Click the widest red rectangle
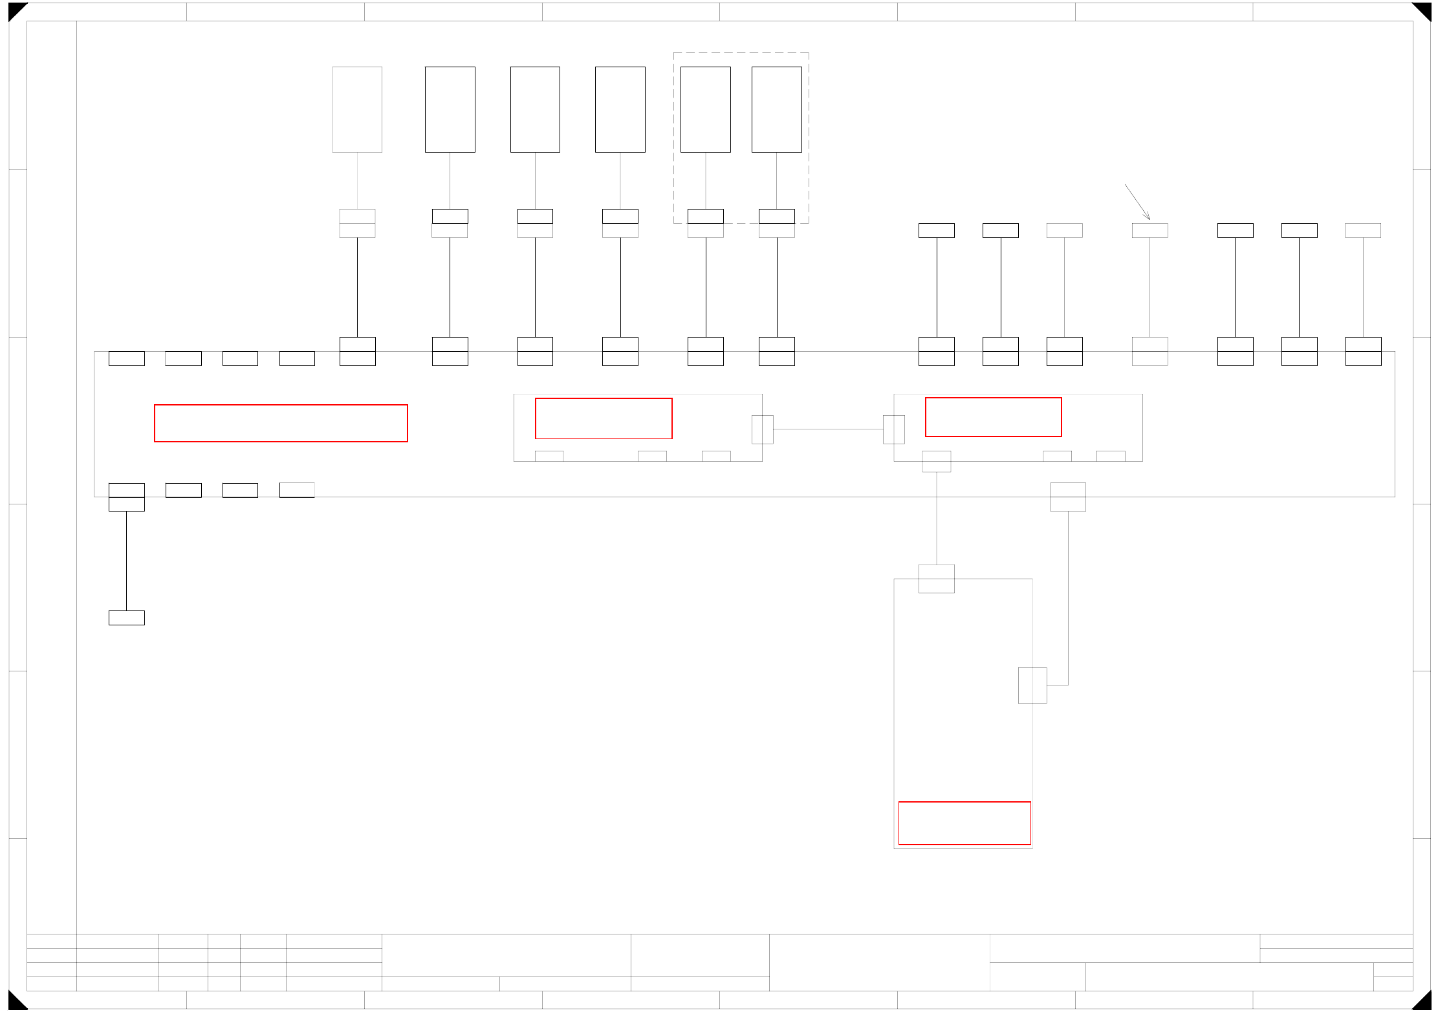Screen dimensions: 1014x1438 281,423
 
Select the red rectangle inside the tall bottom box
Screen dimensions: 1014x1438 964,823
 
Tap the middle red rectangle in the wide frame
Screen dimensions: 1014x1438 604,418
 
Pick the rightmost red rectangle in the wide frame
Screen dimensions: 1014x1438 993,417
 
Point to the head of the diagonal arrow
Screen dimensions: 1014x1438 1149,219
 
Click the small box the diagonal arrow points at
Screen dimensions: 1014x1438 1149,230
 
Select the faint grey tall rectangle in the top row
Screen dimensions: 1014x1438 357,109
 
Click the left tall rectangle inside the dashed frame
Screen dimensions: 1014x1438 705,109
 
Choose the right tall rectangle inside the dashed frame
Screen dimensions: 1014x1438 776,109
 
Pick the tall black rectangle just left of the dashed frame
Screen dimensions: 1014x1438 620,109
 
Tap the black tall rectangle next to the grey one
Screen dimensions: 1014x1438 450,109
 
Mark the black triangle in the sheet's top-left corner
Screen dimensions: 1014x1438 15,10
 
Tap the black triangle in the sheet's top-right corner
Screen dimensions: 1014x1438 1424,10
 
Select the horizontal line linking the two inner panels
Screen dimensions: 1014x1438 828,429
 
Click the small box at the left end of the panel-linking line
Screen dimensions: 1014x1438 762,429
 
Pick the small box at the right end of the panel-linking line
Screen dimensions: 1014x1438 893,429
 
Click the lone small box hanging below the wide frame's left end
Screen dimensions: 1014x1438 126,618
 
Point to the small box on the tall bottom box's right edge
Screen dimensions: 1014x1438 1032,685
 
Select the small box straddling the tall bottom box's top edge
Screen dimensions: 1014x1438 936,578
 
